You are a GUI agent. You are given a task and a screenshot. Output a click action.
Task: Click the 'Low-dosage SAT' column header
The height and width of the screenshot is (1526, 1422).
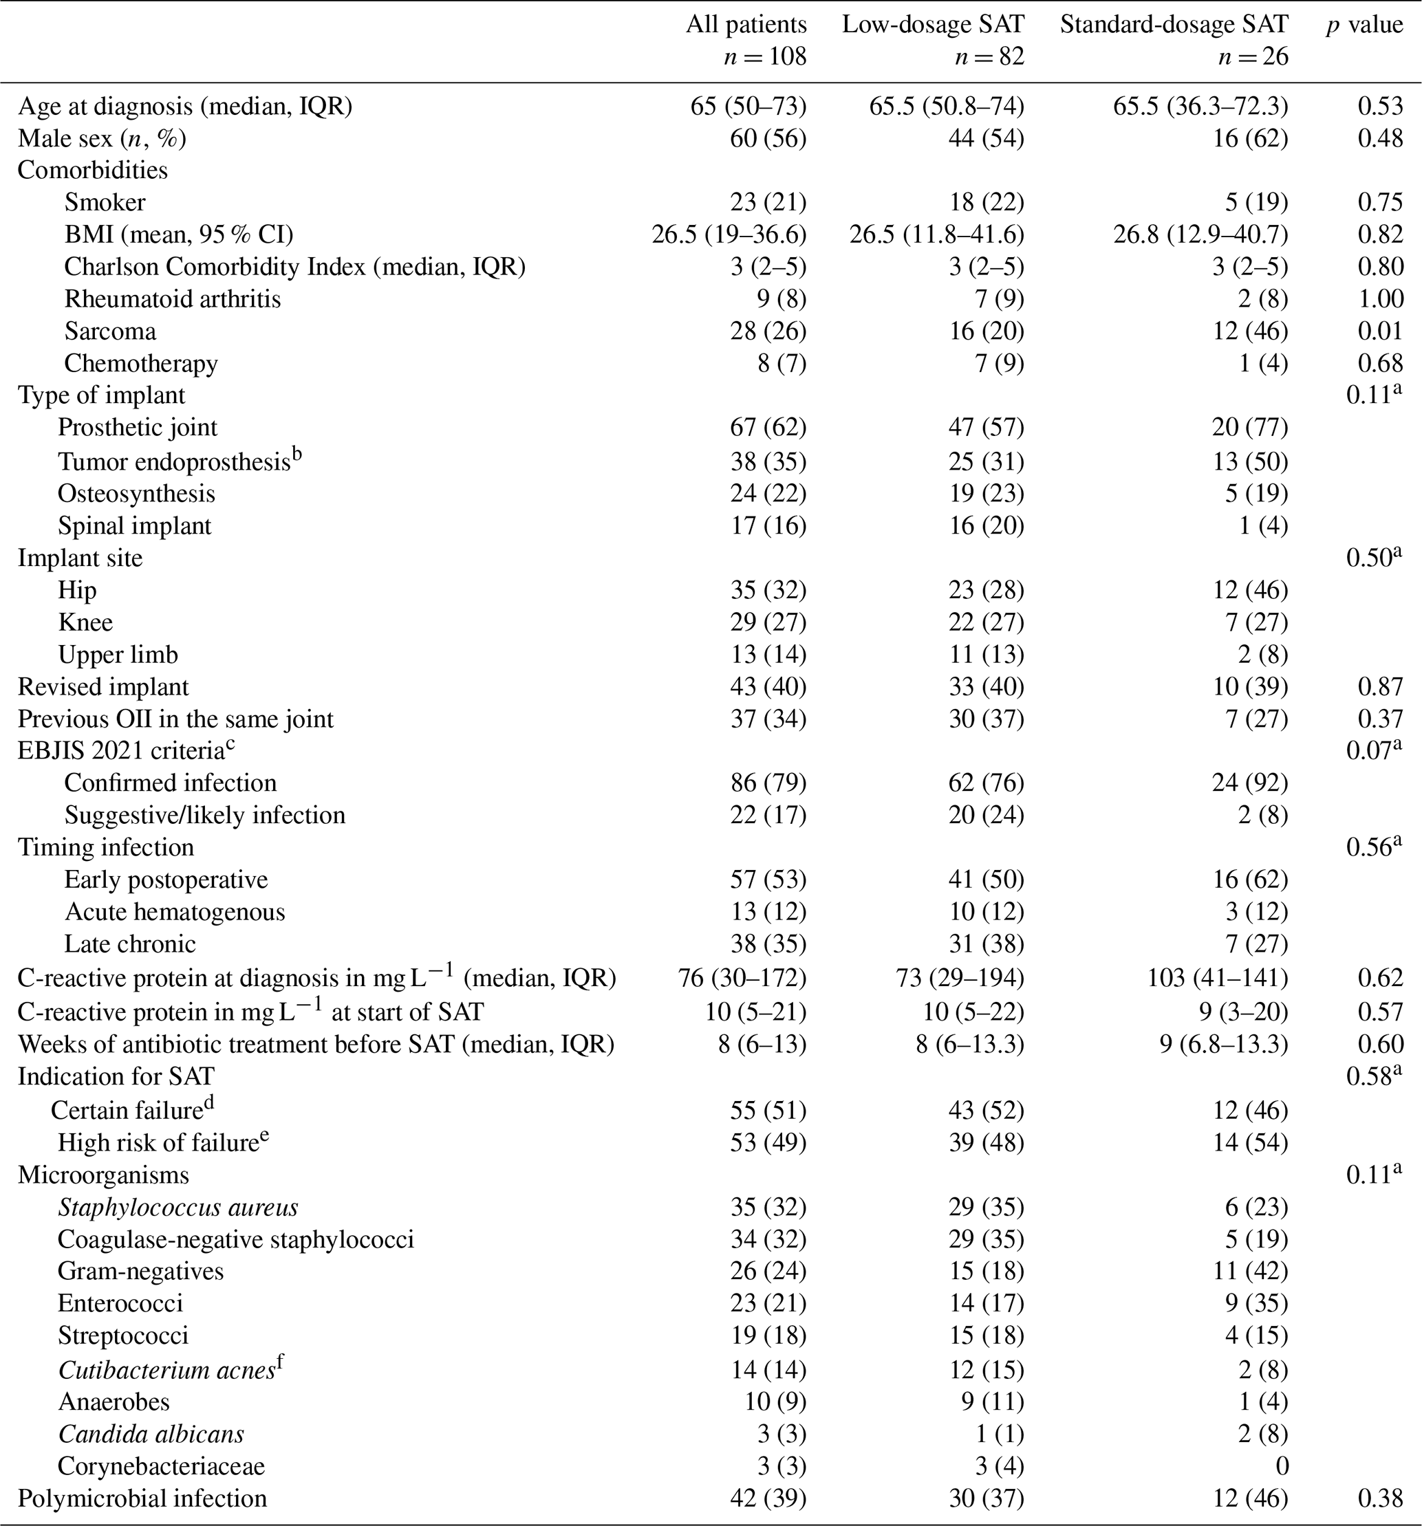[933, 25]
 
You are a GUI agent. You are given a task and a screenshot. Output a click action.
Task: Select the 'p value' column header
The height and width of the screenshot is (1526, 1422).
[1364, 25]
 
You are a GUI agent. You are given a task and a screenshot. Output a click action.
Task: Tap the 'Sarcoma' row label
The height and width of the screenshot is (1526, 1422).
[110, 331]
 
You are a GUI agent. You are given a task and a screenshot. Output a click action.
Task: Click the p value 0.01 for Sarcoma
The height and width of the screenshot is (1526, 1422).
[1381, 331]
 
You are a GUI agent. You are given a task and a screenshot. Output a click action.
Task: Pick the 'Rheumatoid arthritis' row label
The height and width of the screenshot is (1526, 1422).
[172, 298]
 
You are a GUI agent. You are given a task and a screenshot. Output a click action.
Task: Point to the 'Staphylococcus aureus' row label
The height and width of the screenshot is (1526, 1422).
[177, 1208]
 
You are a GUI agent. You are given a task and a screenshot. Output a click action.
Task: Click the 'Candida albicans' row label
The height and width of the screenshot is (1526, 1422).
[151, 1434]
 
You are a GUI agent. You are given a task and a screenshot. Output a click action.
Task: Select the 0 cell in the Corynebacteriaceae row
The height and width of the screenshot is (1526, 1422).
[1281, 1466]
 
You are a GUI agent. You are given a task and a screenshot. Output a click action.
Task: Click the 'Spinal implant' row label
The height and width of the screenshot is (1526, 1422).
[133, 526]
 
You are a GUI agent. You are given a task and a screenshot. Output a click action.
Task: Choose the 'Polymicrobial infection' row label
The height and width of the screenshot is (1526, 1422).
[142, 1498]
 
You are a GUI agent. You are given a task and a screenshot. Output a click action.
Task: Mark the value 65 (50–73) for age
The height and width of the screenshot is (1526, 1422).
[748, 106]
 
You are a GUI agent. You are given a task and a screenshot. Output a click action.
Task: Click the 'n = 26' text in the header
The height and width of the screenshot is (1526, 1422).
[1253, 57]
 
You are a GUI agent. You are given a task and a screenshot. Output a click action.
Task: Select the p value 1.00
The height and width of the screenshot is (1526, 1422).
[1381, 298]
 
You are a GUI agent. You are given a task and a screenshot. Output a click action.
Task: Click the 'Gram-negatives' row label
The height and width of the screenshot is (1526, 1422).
[140, 1271]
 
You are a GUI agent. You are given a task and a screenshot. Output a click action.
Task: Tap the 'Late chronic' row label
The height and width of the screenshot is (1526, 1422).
[130, 944]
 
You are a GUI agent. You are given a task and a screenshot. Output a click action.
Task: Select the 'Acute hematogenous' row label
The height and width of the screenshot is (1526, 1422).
[174, 911]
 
